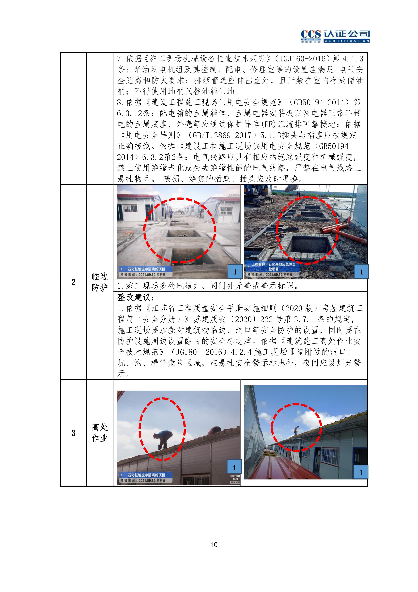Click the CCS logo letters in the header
coord(311,34)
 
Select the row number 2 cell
coord(73,282)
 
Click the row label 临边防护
coord(100,282)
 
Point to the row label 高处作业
coord(100,433)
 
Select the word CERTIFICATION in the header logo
coord(347,41)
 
